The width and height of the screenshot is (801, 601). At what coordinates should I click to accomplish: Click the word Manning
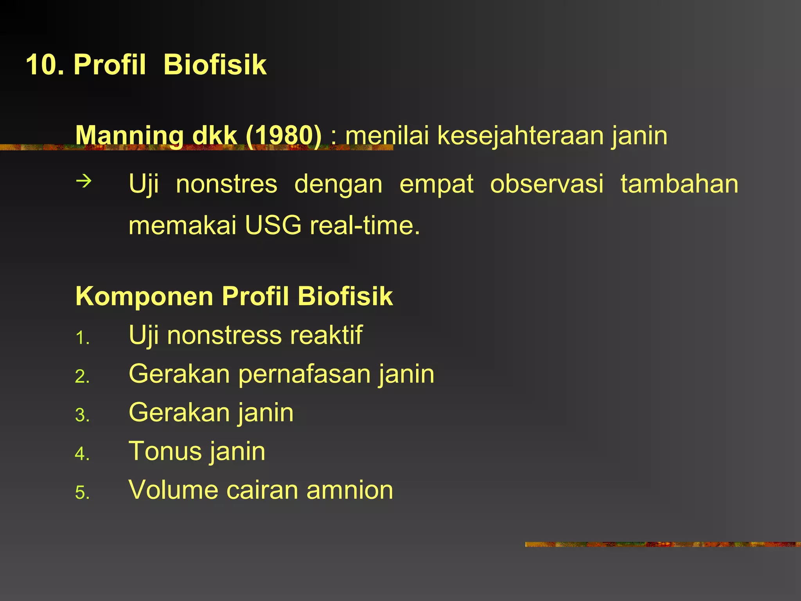click(x=129, y=135)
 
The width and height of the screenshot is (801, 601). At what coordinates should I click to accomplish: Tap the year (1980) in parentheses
click(x=284, y=135)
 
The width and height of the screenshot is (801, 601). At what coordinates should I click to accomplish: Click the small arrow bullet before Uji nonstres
click(x=84, y=181)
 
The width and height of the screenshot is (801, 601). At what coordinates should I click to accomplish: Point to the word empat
click(x=436, y=184)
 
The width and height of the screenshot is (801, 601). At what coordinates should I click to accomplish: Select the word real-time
click(x=365, y=225)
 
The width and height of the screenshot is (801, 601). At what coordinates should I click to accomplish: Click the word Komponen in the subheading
click(x=144, y=296)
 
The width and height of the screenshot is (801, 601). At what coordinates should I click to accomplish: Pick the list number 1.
click(x=82, y=338)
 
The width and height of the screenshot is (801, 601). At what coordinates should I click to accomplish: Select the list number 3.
click(x=82, y=415)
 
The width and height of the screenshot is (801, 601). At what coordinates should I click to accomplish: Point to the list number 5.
click(x=82, y=493)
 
